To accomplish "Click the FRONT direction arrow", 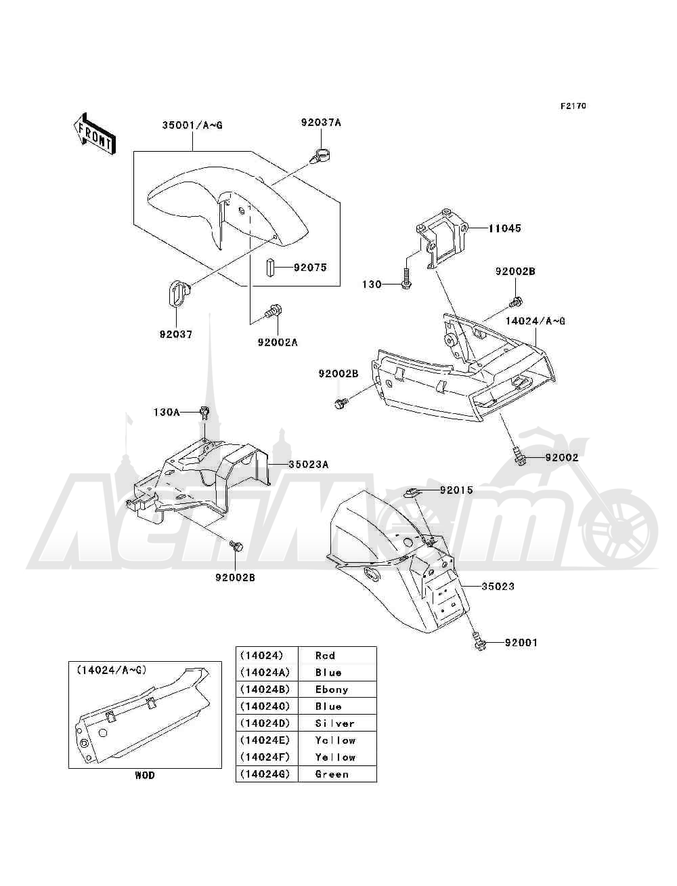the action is pos(95,133).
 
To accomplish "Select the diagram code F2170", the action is pos(573,106).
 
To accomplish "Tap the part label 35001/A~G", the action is pos(192,125).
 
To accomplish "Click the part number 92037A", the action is pos(321,123).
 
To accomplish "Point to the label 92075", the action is pos(310,267).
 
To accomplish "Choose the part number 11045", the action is pos(504,228).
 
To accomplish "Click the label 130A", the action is pos(167,412).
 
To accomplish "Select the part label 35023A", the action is pos(308,465).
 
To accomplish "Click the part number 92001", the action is pos(521,643).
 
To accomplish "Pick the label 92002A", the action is pos(278,342).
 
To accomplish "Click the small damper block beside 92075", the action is pos(270,267).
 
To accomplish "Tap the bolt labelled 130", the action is pos(406,280).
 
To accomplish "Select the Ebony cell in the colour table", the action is pos(337,690).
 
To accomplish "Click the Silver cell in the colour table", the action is pos(337,723).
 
